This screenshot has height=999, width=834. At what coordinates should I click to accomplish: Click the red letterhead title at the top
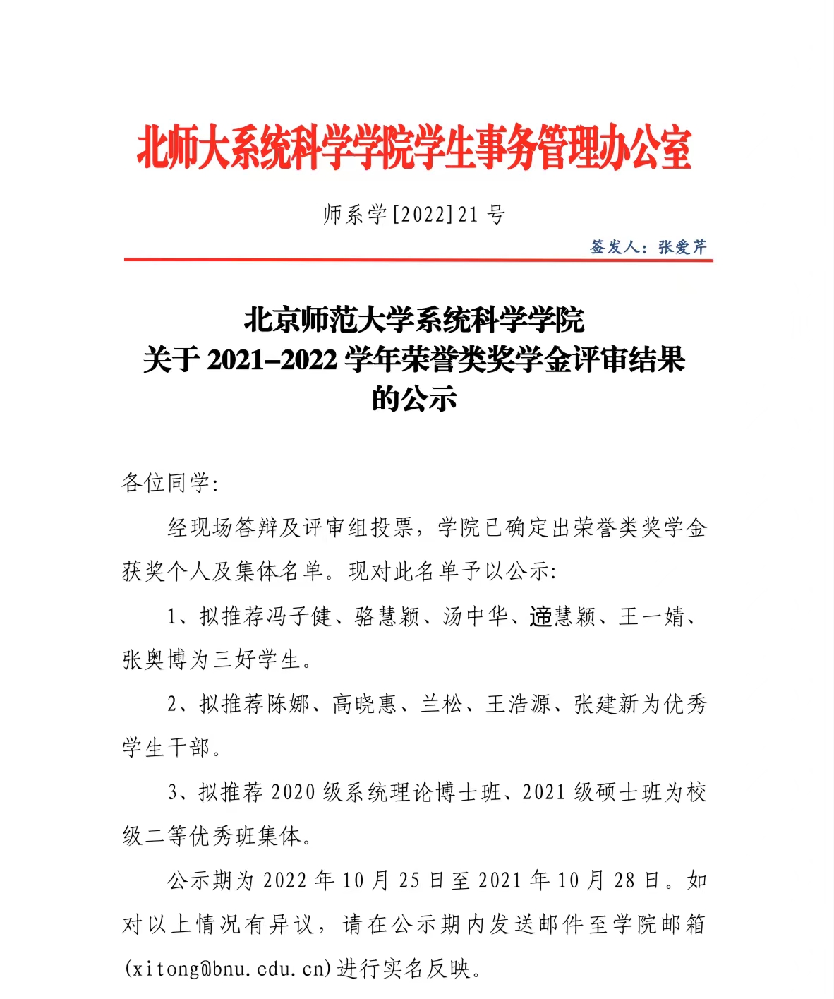point(414,149)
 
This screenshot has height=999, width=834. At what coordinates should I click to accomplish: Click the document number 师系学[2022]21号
point(414,214)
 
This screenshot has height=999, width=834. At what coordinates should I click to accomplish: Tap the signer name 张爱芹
point(682,247)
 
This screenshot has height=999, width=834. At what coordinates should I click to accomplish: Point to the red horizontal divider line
point(418,261)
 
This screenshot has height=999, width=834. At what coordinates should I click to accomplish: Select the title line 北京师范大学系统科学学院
point(414,320)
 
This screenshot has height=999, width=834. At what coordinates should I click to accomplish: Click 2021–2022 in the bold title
point(272,360)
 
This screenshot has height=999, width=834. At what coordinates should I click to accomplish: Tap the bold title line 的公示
point(414,399)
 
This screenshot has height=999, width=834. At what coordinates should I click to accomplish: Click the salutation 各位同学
point(167,483)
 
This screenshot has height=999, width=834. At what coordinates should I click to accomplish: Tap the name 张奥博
point(155,660)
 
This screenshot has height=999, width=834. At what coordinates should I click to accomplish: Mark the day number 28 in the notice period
point(624,880)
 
